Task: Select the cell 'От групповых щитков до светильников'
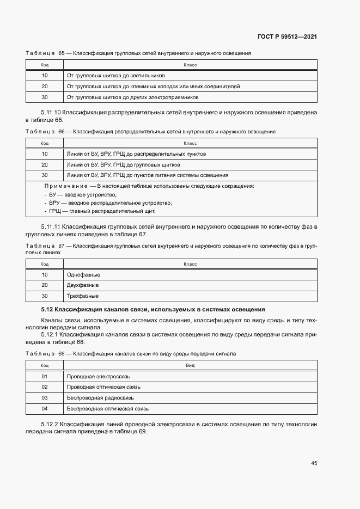point(115,76)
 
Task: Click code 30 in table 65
point(45,97)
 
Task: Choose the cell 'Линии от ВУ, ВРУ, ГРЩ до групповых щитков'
point(123,164)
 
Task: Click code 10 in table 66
point(45,154)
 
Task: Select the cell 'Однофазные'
point(83,275)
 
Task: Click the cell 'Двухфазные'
point(83,285)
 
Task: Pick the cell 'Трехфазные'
point(82,296)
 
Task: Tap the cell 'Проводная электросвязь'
point(98,376)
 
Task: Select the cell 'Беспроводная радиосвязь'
point(100,397)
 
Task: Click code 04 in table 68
point(45,408)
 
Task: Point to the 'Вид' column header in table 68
point(190,365)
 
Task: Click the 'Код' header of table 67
point(45,264)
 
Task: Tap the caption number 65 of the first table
point(62,53)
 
